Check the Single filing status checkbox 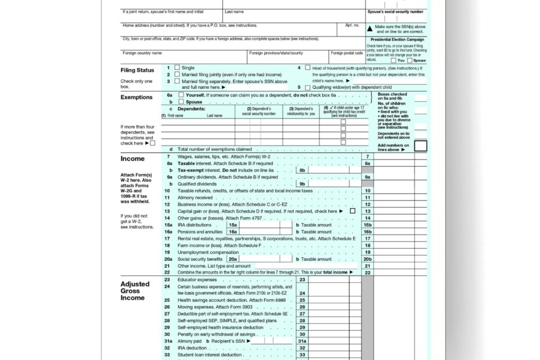click(177, 68)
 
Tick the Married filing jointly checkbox click(177, 75)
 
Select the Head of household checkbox click(308, 68)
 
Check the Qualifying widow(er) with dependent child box click(308, 87)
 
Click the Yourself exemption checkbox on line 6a click(181, 95)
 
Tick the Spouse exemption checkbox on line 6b click(181, 102)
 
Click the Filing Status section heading click(137, 70)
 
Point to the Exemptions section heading click(136, 97)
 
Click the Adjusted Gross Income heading click(135, 291)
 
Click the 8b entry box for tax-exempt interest click(302, 171)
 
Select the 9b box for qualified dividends click(302, 184)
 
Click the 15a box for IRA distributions click(233, 225)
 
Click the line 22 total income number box click(367, 272)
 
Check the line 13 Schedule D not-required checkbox click(352, 211)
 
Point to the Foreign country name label click(142, 53)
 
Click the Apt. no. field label click(352, 26)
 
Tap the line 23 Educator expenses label click(197, 279)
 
